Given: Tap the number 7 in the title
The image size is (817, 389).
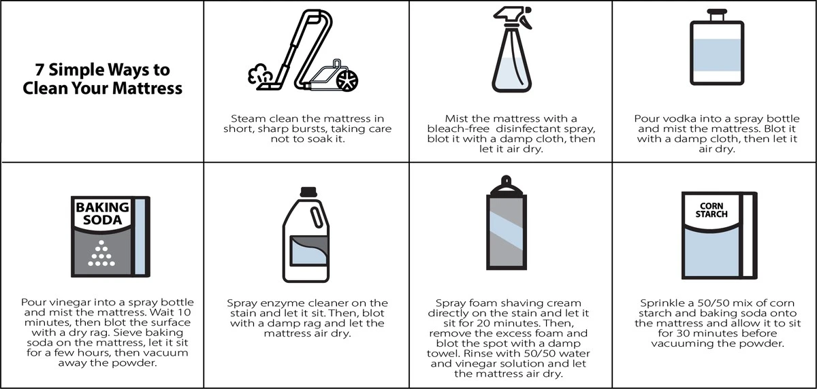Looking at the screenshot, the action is [x=39, y=69].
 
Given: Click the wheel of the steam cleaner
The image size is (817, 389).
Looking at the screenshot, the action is [x=347, y=80].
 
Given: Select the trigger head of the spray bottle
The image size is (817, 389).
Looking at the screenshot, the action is [x=513, y=16].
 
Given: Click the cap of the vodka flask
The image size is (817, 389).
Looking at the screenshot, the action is [x=717, y=15].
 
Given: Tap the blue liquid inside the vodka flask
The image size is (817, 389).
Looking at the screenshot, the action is [x=717, y=55].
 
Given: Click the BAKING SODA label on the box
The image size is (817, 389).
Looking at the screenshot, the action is [x=103, y=214].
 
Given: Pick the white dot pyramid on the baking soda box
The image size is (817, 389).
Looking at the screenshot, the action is [x=101, y=253].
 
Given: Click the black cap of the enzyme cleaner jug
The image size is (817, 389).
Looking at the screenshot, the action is [x=308, y=192].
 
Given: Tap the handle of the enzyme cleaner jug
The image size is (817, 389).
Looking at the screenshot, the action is [x=316, y=218].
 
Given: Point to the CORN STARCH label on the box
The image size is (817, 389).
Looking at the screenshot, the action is [x=711, y=210].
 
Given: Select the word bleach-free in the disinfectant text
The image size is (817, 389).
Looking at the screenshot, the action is [x=458, y=129].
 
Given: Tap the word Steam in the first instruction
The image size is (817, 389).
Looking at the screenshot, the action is [x=249, y=119].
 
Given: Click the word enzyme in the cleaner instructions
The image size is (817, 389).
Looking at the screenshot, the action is [x=285, y=303].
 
